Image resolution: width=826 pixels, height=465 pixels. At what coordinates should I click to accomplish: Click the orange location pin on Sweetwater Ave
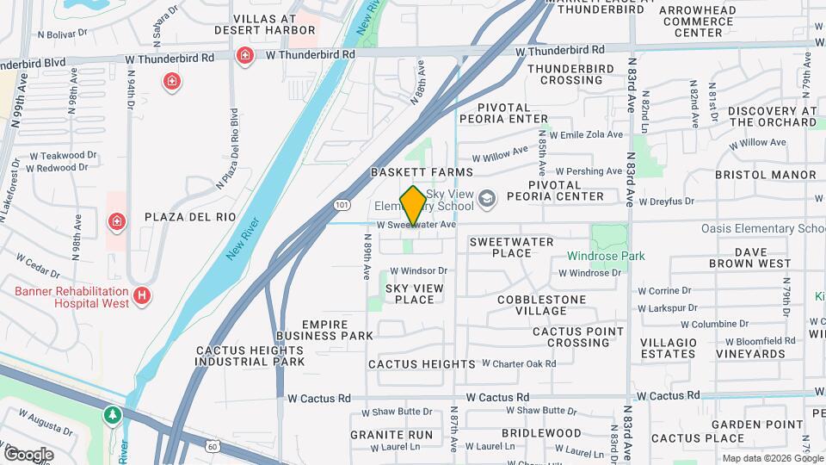pyautogui.click(x=413, y=208)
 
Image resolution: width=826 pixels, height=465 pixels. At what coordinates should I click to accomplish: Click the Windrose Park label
pyautogui.click(x=606, y=256)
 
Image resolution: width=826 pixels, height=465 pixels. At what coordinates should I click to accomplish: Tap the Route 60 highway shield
pyautogui.click(x=213, y=445)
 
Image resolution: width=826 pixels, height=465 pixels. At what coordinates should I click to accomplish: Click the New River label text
pyautogui.click(x=242, y=239)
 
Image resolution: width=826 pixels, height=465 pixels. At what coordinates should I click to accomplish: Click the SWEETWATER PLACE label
pyautogui.click(x=511, y=247)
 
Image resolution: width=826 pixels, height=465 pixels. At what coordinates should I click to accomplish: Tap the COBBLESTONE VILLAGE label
pyautogui.click(x=541, y=305)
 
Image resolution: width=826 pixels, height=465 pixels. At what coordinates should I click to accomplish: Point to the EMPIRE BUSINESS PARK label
pyautogui.click(x=325, y=330)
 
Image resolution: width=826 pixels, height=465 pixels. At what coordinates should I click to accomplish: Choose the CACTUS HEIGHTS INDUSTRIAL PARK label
pyautogui.click(x=250, y=356)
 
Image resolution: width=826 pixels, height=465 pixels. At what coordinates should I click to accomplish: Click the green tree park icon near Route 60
pyautogui.click(x=113, y=416)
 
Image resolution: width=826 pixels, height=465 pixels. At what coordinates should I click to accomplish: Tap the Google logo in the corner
pyautogui.click(x=28, y=454)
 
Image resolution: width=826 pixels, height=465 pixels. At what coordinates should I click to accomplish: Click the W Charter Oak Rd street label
pyautogui.click(x=519, y=363)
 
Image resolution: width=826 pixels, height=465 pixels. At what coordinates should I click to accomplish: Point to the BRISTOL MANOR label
pyautogui.click(x=766, y=175)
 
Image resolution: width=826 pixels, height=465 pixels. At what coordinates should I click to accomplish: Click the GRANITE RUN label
pyautogui.click(x=391, y=435)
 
